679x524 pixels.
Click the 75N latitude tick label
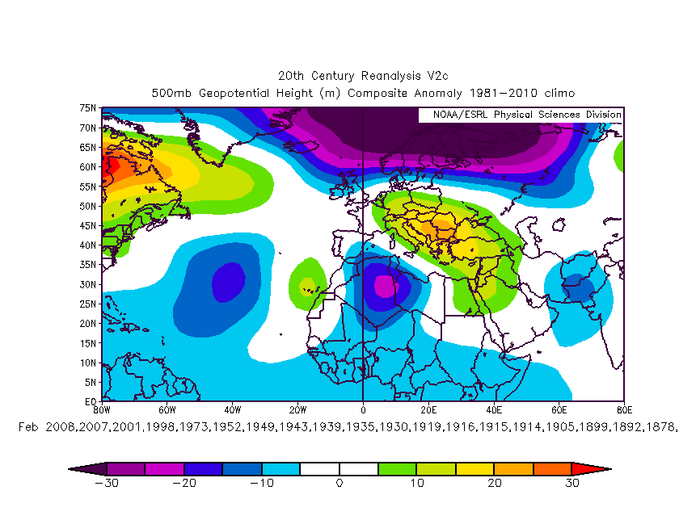(88, 107)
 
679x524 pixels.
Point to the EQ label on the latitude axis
(91, 401)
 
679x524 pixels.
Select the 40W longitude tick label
(232, 409)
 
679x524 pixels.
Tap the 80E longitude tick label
(624, 409)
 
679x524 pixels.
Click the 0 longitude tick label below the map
(363, 409)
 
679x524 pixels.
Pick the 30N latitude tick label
(88, 284)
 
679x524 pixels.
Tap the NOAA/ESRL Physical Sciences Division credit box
(521, 115)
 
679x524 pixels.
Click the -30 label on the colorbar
(107, 483)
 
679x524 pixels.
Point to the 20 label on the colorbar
(494, 483)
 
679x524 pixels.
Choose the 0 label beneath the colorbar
(339, 483)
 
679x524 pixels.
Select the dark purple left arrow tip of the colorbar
(81, 468)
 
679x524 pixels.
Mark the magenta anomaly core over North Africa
(385, 286)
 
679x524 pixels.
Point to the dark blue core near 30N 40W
(227, 283)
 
